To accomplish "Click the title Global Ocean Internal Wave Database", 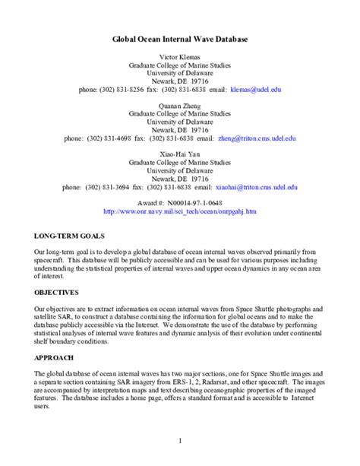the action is [179, 37].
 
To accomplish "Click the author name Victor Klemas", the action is [179, 58].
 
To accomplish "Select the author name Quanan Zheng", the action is [179, 105].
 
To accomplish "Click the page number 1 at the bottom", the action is [180, 440].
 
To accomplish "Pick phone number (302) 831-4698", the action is [112, 138].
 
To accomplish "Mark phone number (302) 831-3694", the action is [111, 186].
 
